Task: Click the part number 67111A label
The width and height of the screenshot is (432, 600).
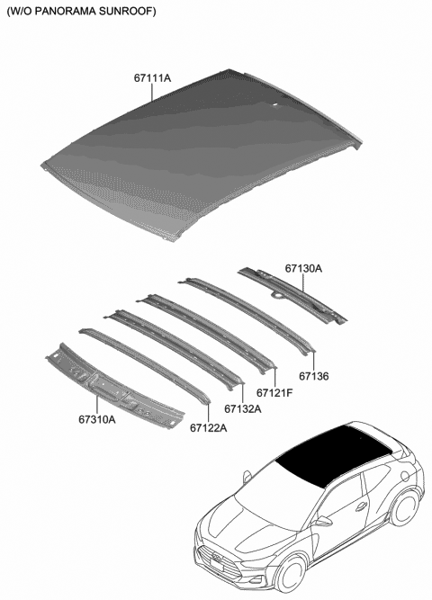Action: pyautogui.click(x=153, y=79)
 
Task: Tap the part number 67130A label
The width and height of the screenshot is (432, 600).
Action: pyautogui.click(x=303, y=268)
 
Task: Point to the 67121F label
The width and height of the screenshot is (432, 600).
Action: pyautogui.click(x=274, y=393)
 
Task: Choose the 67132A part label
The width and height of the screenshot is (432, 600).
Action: pyautogui.click(x=243, y=409)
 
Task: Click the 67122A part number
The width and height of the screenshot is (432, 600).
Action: pyautogui.click(x=208, y=428)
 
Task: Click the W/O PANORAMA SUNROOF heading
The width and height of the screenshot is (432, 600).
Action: pyautogui.click(x=81, y=12)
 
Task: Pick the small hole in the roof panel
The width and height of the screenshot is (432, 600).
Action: pyautogui.click(x=274, y=105)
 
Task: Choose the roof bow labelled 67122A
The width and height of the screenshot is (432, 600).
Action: pyautogui.click(x=144, y=364)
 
